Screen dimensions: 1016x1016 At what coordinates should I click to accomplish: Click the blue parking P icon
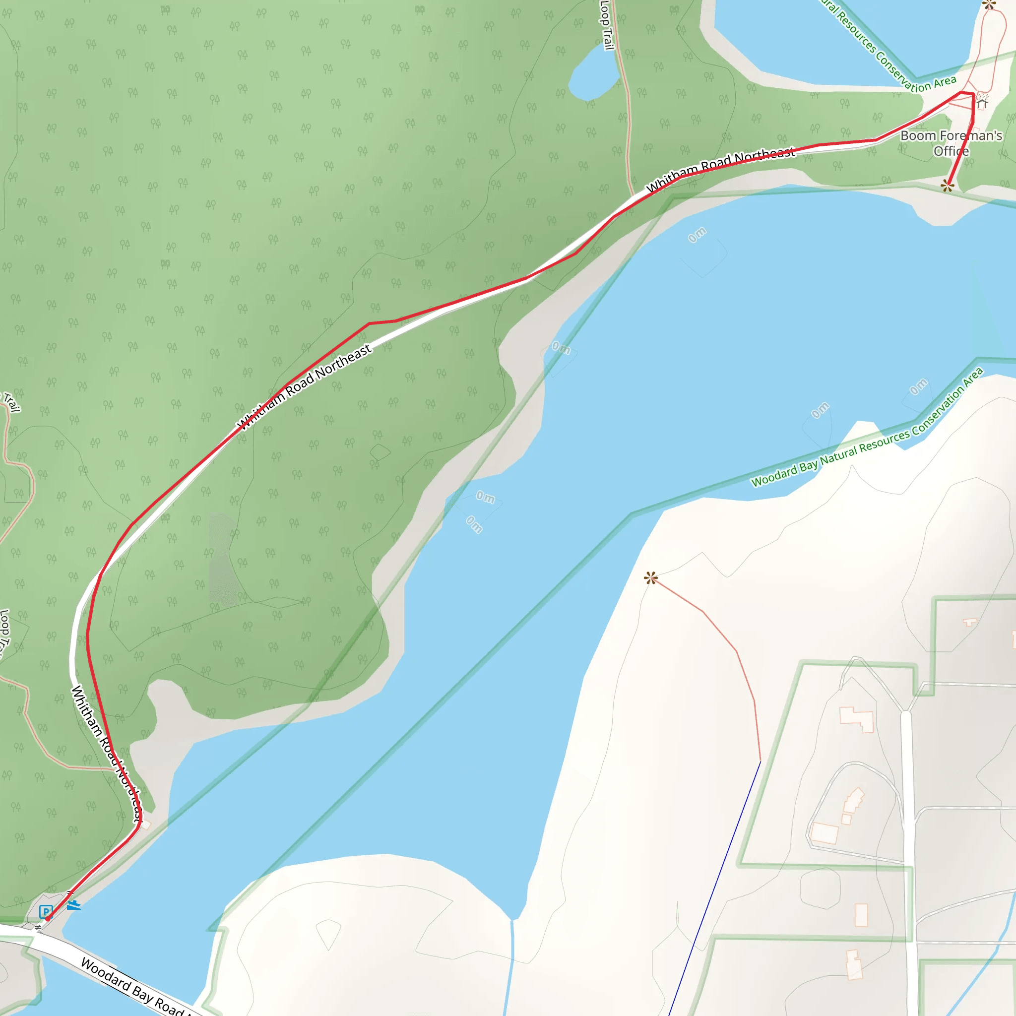[x=46, y=911]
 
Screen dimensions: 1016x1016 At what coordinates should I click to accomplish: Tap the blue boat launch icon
[x=73, y=905]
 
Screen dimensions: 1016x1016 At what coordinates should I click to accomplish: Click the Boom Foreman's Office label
[x=951, y=143]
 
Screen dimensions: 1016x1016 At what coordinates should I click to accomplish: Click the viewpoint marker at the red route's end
[x=947, y=186]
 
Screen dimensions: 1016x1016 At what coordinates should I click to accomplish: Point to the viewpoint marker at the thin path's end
[x=650, y=578]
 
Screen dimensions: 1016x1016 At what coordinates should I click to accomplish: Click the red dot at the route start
[x=48, y=919]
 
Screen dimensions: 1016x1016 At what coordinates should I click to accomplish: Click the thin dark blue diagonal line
[x=715, y=889]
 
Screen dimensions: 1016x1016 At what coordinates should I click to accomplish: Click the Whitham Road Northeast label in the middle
[x=305, y=386]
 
